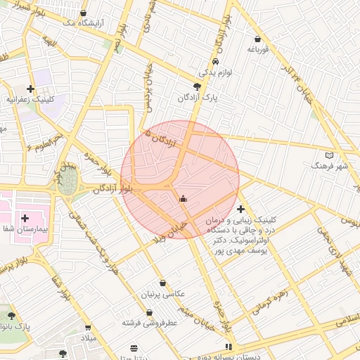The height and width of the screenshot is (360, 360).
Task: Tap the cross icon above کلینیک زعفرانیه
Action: (x=30, y=89)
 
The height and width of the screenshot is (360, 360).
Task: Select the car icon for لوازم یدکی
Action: (x=205, y=61)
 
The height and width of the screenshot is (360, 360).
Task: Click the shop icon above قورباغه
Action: (x=259, y=39)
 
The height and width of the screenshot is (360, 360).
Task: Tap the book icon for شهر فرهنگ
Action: (x=330, y=155)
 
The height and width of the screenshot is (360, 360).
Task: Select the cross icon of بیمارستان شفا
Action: (x=25, y=218)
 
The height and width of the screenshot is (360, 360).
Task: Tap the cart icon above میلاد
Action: (x=88, y=328)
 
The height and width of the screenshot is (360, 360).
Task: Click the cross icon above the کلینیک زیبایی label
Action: (x=241, y=209)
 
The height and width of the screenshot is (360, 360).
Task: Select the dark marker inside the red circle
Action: (x=184, y=199)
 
